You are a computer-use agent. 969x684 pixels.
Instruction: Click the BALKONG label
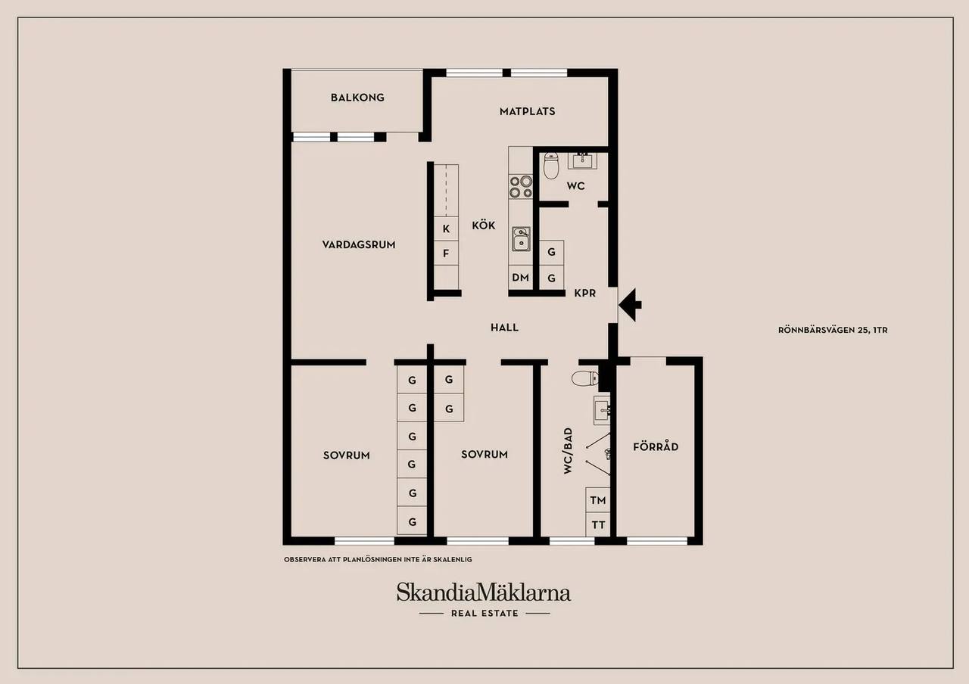tap(357, 98)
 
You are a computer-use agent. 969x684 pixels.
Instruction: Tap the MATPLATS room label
tap(528, 111)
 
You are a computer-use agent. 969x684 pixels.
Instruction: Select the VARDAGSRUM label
tap(359, 244)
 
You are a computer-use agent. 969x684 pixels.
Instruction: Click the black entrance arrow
tap(630, 305)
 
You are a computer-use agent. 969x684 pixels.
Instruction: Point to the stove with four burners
tap(520, 187)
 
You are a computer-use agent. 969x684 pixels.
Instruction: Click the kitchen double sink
tap(522, 239)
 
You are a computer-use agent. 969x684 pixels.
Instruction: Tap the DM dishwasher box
tap(520, 277)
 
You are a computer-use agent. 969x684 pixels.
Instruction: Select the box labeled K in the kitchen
tap(446, 229)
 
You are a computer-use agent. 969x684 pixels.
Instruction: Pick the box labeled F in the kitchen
tap(446, 253)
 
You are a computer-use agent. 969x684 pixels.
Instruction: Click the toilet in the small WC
tap(551, 165)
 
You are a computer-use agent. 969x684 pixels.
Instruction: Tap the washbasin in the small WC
tap(582, 161)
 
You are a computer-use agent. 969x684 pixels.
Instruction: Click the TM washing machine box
tap(598, 500)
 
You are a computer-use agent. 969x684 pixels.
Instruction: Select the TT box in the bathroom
tap(598, 525)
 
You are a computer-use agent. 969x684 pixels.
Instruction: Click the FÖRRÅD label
tap(656, 446)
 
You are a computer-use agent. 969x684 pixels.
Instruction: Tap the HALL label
tap(504, 328)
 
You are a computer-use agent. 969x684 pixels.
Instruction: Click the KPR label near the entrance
tap(585, 293)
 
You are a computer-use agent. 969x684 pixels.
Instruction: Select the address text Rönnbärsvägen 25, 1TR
tap(833, 330)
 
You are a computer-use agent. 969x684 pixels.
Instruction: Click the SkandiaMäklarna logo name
tap(484, 592)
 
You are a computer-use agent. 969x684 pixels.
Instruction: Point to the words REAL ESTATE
tap(484, 613)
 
